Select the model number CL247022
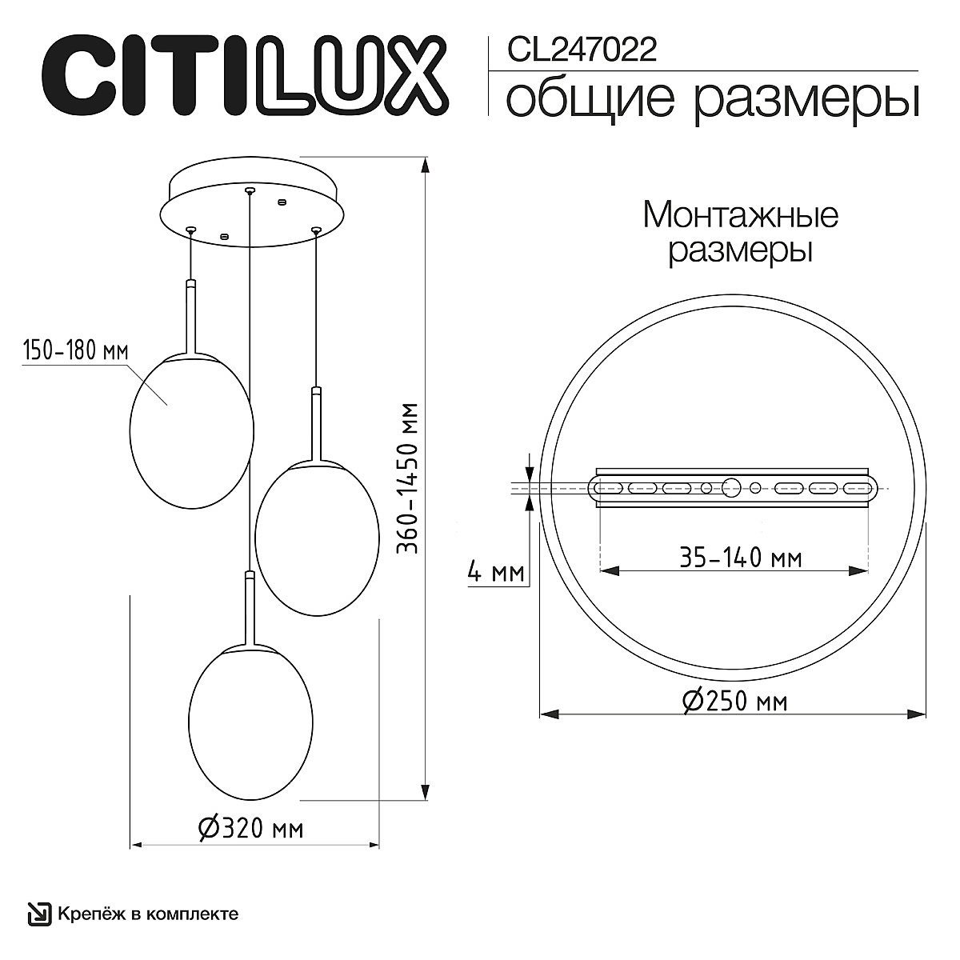[582, 50]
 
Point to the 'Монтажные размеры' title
[740, 233]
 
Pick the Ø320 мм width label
[250, 828]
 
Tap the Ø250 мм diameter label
[734, 701]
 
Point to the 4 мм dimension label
[496, 573]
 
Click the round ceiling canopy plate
[252, 204]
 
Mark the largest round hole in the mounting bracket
[731, 486]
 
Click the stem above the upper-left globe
[190, 316]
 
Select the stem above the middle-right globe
[315, 424]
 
